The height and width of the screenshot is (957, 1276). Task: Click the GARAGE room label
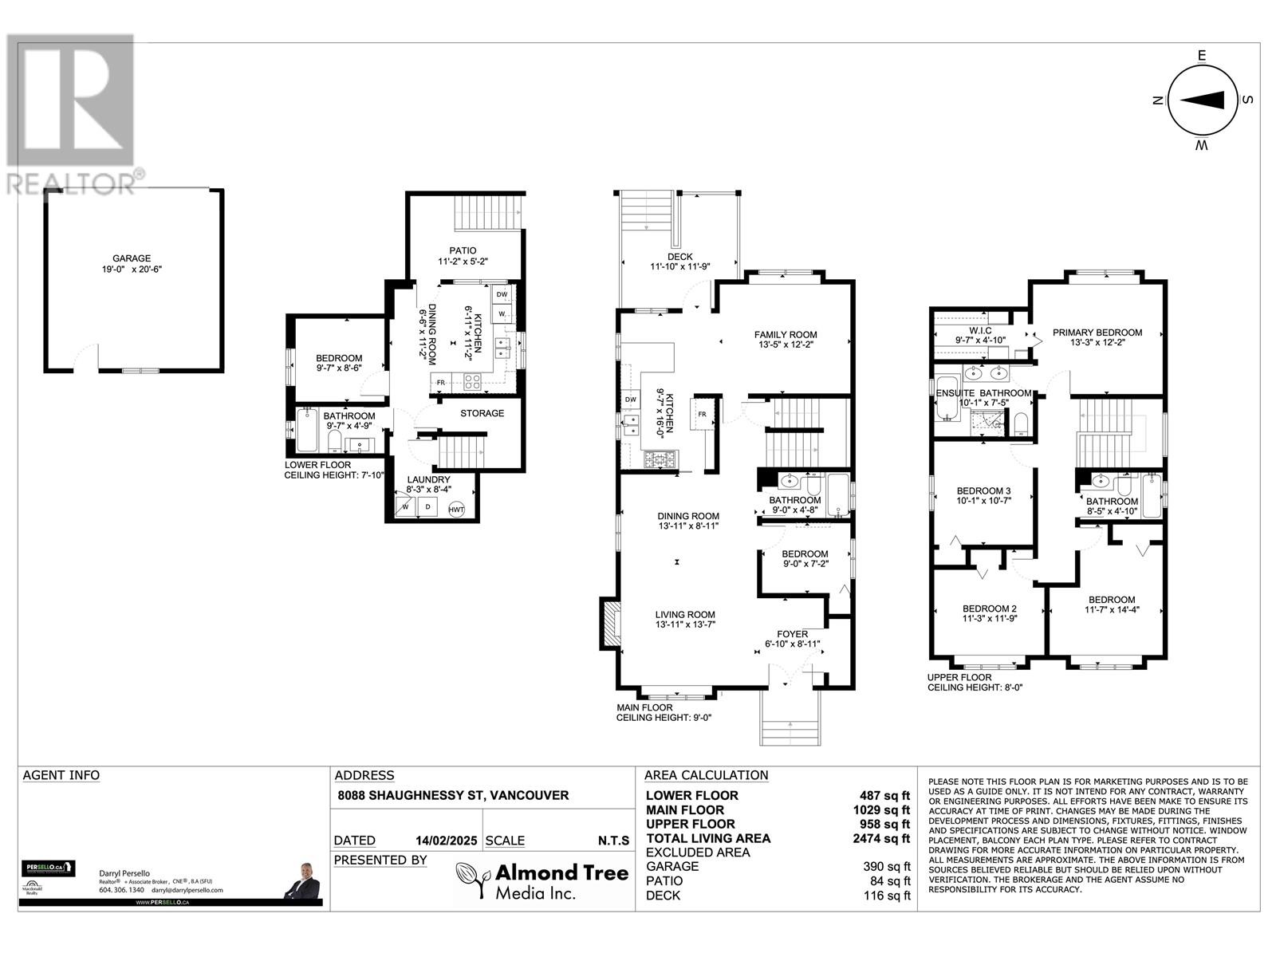[131, 258]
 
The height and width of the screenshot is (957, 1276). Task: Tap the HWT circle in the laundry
[456, 510]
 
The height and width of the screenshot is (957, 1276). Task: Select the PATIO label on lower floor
[462, 250]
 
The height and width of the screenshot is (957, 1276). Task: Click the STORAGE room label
[482, 413]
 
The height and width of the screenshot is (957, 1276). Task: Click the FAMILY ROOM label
[786, 335]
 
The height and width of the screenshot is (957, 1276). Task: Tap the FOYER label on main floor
[786, 634]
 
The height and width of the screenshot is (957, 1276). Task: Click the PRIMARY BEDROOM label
[1097, 333]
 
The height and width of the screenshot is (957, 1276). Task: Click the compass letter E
[1201, 55]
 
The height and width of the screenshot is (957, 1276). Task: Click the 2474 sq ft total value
[880, 838]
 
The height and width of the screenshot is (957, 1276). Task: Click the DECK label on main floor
[679, 256]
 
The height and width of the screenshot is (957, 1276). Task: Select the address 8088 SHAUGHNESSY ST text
[453, 795]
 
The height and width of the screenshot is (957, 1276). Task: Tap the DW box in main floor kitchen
[630, 400]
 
